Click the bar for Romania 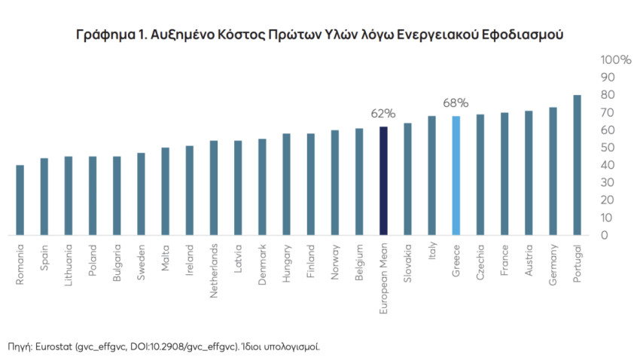20,200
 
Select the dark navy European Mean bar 383,181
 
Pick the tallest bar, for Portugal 577,165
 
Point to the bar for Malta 165,191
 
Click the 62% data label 382,114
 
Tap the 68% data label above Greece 456,102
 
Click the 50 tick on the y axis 607,148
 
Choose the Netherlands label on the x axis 214,270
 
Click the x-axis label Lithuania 69,268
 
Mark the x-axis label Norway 335,263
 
